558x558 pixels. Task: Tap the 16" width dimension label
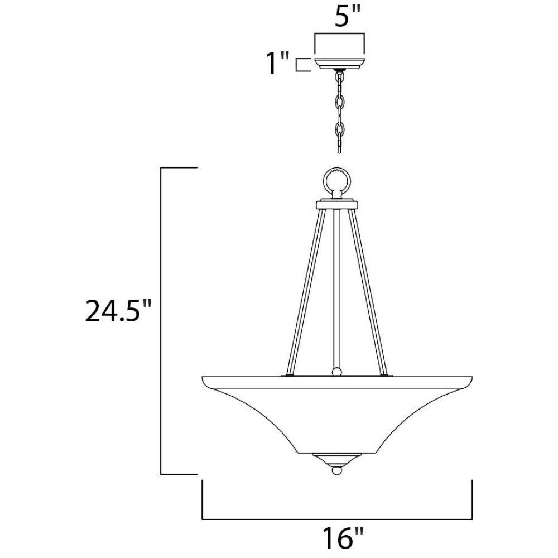coord(343,537)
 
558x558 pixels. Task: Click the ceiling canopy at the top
coord(339,64)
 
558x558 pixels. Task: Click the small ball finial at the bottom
coord(336,470)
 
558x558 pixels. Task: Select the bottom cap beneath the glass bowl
coord(336,460)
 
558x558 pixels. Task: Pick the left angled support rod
coord(306,292)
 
